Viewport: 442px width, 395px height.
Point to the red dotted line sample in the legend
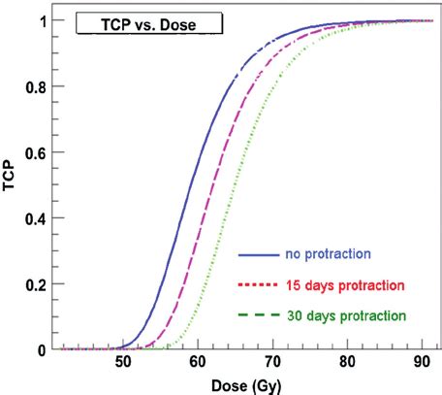coord(257,286)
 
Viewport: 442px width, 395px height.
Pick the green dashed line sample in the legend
coord(257,315)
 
